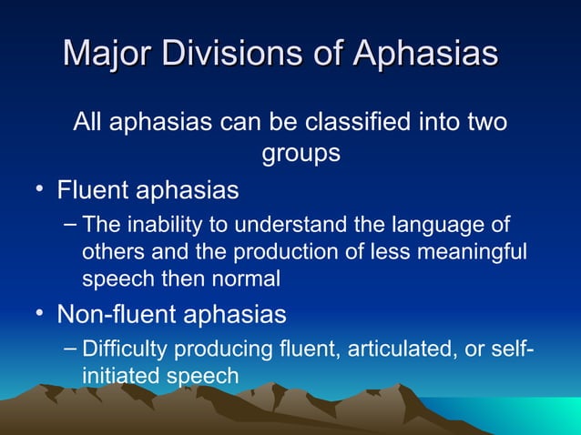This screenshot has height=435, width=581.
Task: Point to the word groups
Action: [x=301, y=153]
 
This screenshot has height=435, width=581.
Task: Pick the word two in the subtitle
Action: [x=485, y=121]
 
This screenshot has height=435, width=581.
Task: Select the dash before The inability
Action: [x=71, y=225]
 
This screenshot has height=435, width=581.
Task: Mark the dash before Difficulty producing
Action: [x=71, y=349]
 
